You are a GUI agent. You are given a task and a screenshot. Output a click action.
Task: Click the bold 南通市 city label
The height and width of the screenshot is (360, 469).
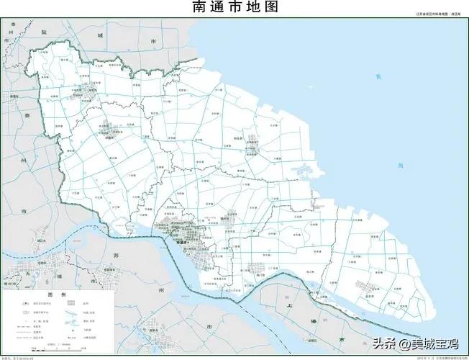(x=185, y=242)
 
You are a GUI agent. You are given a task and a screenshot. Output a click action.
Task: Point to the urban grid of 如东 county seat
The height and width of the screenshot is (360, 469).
(x=253, y=136)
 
